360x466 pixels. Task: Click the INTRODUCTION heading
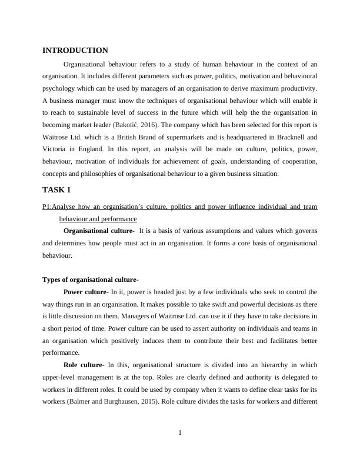click(75, 51)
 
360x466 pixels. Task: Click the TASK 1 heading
click(56, 190)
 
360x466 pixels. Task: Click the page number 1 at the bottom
click(180, 434)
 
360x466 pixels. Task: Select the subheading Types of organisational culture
click(89, 279)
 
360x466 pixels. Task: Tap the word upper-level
click(60, 377)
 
